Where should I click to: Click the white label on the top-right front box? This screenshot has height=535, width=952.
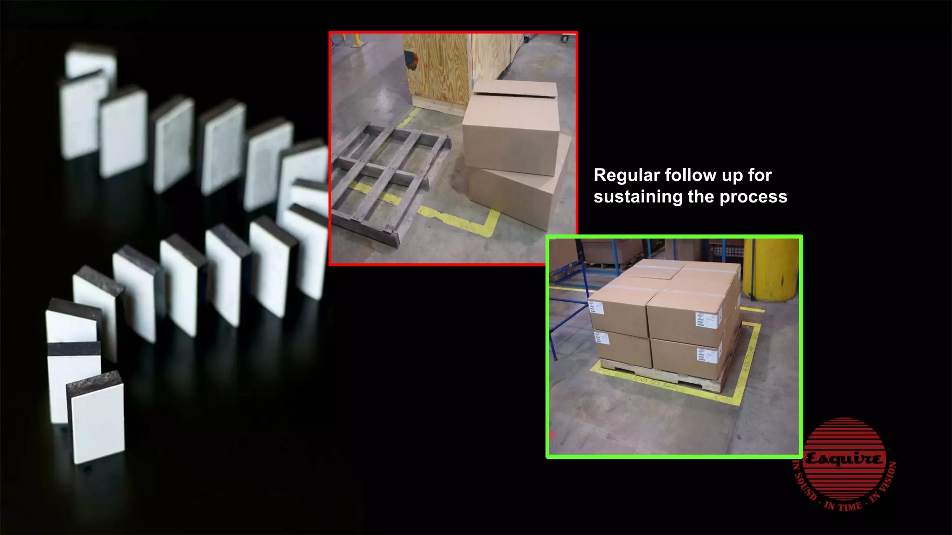[x=707, y=320]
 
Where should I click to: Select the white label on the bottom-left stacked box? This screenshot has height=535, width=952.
[x=602, y=338]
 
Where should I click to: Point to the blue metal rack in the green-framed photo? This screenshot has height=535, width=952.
[x=567, y=297]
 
